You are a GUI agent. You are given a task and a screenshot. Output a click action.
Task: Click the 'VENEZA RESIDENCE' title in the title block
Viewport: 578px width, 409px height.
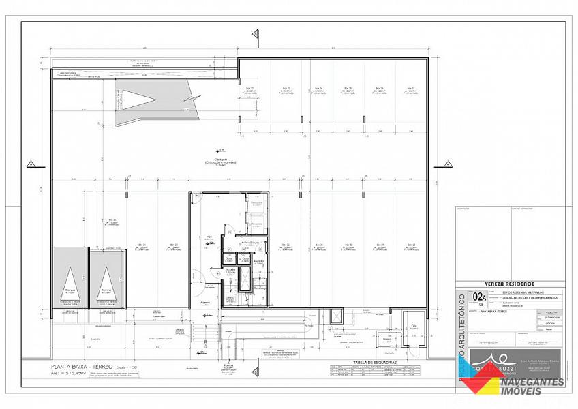[x=510, y=284]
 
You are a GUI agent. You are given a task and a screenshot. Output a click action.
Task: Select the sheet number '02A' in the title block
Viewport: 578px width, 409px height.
[x=480, y=297]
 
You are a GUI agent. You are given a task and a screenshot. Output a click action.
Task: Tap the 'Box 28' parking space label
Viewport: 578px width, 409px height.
[x=410, y=244]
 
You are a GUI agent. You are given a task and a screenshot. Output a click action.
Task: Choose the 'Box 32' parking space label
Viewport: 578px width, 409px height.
[x=286, y=244]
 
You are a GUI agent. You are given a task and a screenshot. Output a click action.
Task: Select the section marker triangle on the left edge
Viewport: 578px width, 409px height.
[x=31, y=164]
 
